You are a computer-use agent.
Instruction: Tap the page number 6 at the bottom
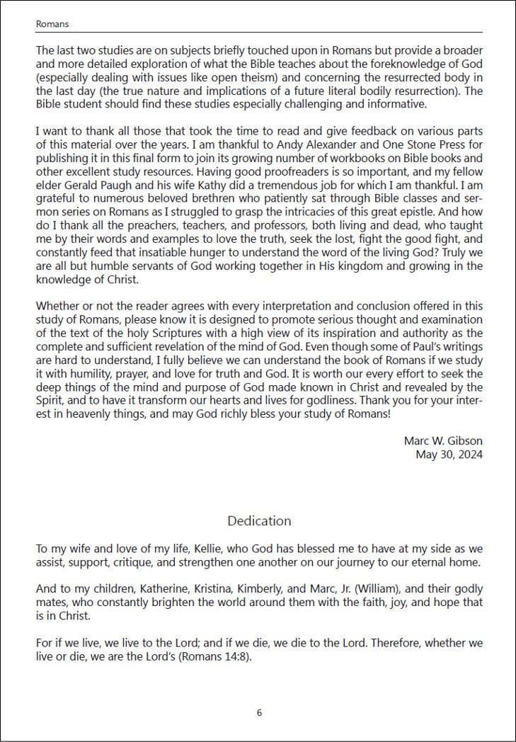[259, 713]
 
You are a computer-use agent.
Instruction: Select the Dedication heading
[259, 520]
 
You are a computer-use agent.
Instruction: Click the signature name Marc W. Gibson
[443, 440]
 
